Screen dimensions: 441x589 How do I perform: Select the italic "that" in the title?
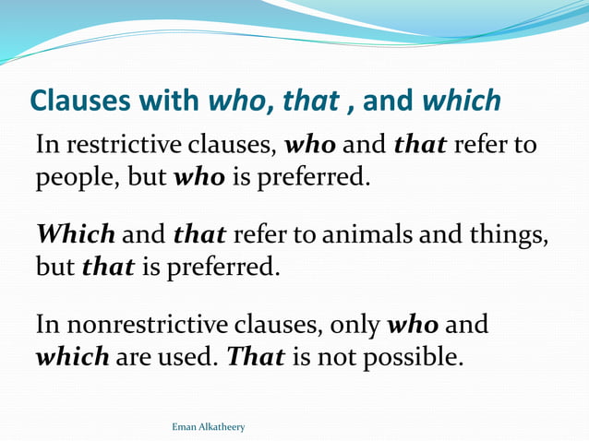[311, 101]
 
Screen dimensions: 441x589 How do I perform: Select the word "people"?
[74, 177]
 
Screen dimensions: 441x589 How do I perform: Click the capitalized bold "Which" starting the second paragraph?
[75, 236]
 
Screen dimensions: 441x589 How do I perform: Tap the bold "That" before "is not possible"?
[256, 357]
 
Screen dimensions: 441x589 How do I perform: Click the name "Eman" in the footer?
[185, 427]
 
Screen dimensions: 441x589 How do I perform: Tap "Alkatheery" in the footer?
[223, 427]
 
